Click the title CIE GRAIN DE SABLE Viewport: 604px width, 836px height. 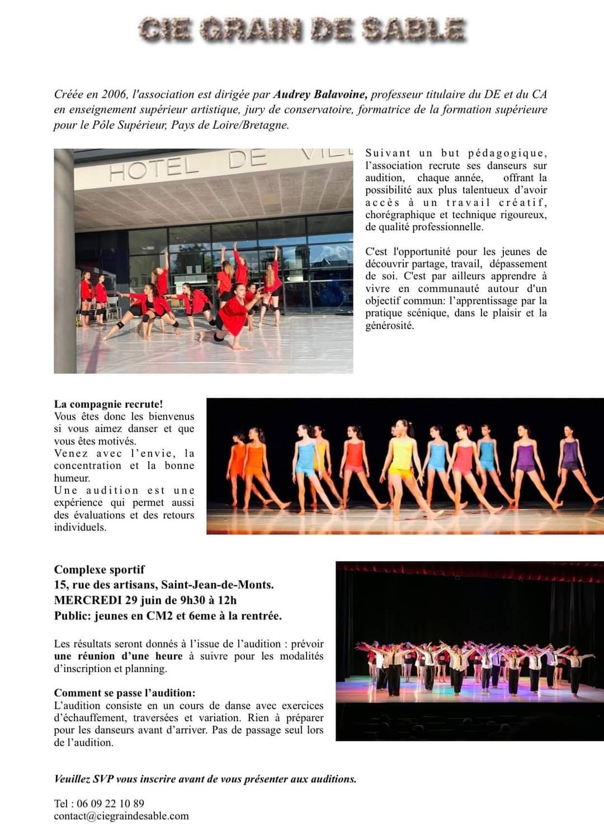click(x=302, y=29)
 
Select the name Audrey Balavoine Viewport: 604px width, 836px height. click(x=320, y=94)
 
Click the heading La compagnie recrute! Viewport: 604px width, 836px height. click(x=108, y=404)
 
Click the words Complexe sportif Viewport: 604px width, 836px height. click(x=99, y=570)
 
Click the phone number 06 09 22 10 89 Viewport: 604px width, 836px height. click(x=110, y=804)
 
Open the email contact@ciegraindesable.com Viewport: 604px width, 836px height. click(x=121, y=816)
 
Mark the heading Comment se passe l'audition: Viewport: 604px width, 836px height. click(x=125, y=693)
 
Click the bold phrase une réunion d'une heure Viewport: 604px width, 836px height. click(x=119, y=656)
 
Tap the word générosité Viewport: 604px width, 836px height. click(x=389, y=326)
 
